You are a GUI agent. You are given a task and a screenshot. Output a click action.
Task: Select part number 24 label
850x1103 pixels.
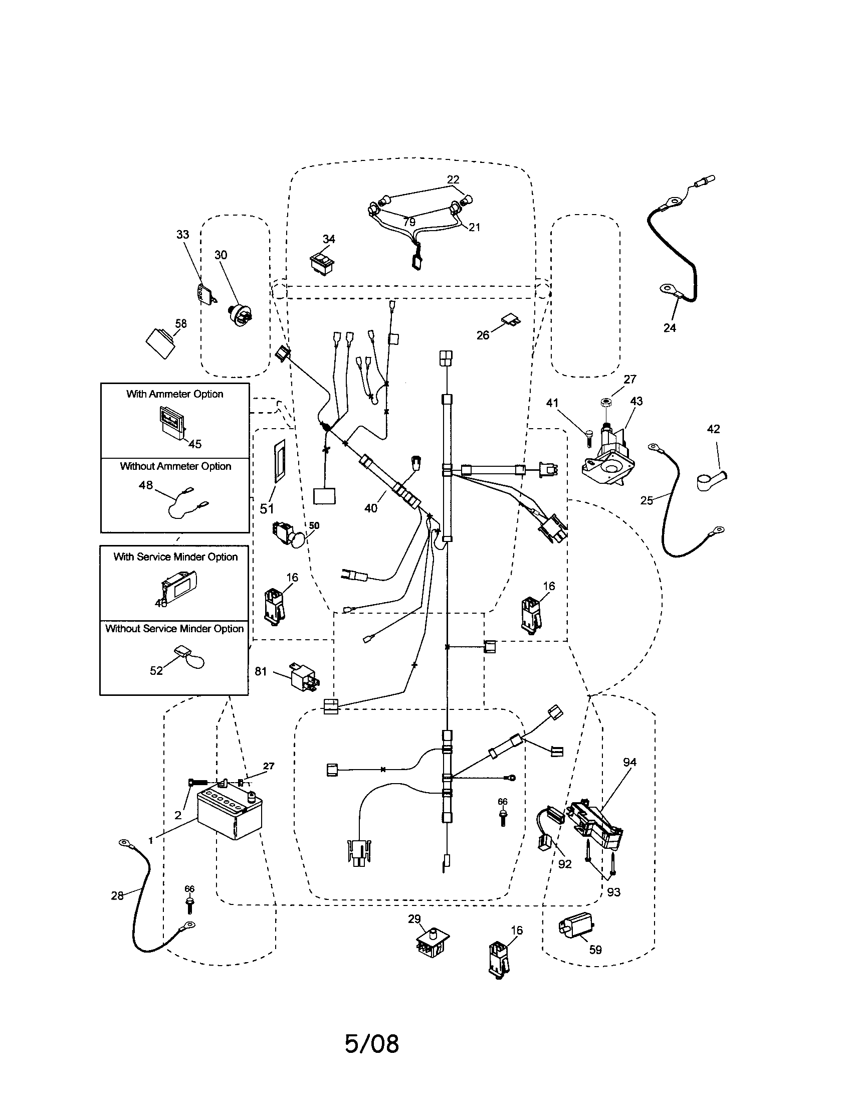[x=669, y=328]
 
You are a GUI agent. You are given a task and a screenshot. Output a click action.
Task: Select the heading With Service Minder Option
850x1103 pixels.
[x=175, y=557]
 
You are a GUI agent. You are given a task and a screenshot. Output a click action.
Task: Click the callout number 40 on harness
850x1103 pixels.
[x=370, y=508]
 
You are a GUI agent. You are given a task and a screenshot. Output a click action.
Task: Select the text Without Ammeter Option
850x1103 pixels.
[x=175, y=466]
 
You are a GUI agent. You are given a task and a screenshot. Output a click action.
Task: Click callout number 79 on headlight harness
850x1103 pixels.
[x=409, y=222]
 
